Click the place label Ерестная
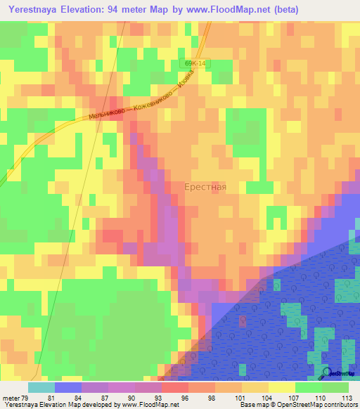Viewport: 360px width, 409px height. pyautogui.click(x=205, y=188)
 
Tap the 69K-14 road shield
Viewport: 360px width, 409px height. pyautogui.click(x=196, y=63)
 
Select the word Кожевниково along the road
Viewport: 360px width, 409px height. pyautogui.click(x=153, y=101)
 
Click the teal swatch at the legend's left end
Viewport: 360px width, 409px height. pyautogui.click(x=41, y=387)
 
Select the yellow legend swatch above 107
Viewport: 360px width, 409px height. pyautogui.click(x=282, y=387)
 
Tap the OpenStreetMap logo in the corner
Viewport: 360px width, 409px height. pyautogui.click(x=339, y=372)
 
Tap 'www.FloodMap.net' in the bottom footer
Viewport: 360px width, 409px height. pyautogui.click(x=146, y=405)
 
